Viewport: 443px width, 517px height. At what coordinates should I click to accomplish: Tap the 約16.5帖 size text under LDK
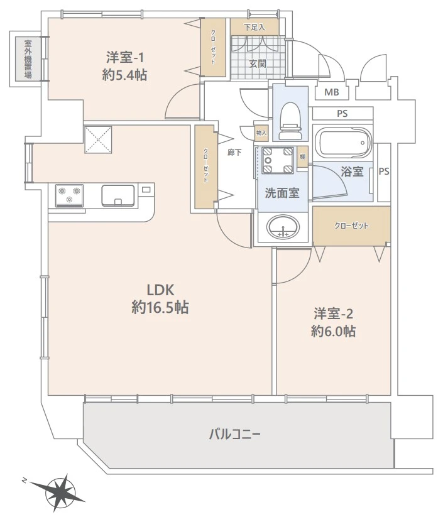coord(161,308)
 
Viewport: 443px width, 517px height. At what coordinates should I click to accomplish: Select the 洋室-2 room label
coord(333,313)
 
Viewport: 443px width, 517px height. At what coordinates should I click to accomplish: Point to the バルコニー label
coord(234,434)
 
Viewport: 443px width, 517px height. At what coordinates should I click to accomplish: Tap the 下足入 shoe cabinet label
coord(254,27)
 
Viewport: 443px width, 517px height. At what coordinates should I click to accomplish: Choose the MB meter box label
coord(331,94)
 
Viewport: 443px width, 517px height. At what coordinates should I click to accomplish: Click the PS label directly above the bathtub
coord(342,114)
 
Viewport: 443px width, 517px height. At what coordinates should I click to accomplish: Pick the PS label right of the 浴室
coord(384,171)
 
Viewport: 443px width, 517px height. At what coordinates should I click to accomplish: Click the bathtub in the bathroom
coord(342,144)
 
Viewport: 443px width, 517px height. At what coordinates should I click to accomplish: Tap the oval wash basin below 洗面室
coord(283,227)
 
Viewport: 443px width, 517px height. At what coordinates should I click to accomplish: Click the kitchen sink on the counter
coord(118,194)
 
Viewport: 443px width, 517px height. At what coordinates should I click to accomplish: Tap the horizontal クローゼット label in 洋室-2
coord(351,226)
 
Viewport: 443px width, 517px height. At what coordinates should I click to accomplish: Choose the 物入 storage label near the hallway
coord(261,133)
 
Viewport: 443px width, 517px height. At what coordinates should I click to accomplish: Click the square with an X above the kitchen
coord(98,138)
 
